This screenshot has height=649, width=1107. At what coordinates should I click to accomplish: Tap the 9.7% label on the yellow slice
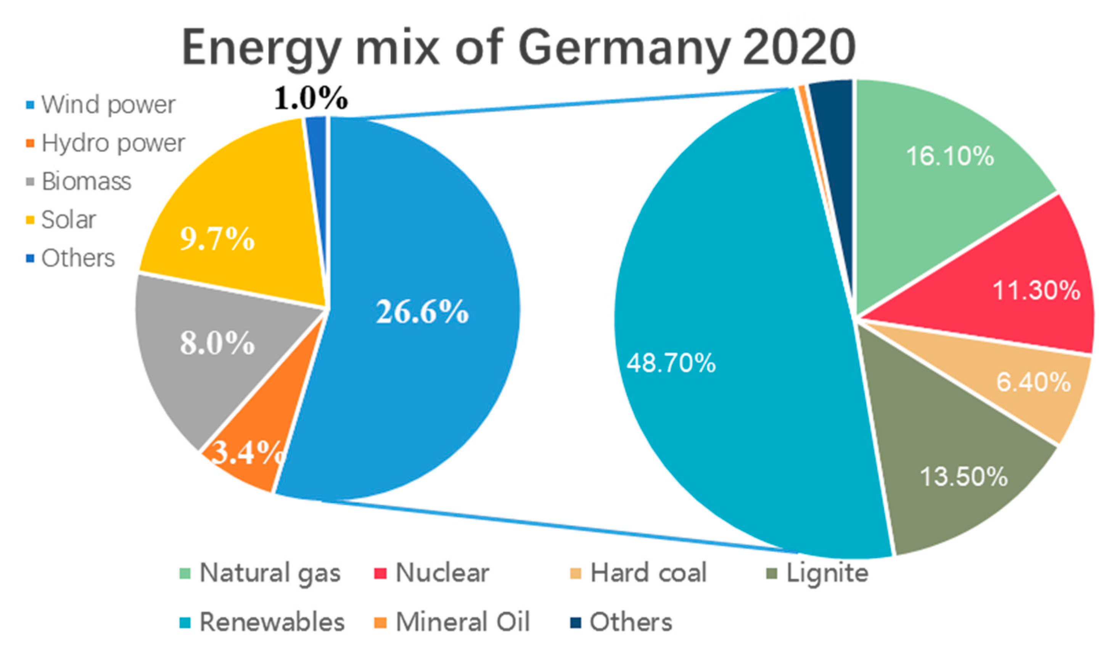click(x=217, y=239)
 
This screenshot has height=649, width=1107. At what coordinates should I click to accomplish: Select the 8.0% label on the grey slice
click(x=217, y=343)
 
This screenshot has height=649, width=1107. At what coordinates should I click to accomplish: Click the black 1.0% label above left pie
click(x=311, y=98)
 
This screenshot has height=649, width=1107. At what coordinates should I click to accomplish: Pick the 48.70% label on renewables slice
click(x=671, y=363)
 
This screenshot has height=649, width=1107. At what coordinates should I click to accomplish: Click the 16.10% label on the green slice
click(x=950, y=156)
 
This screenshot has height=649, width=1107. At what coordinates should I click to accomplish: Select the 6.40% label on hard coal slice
click(x=1033, y=382)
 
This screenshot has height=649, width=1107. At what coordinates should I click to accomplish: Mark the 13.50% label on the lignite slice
click(x=963, y=476)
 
